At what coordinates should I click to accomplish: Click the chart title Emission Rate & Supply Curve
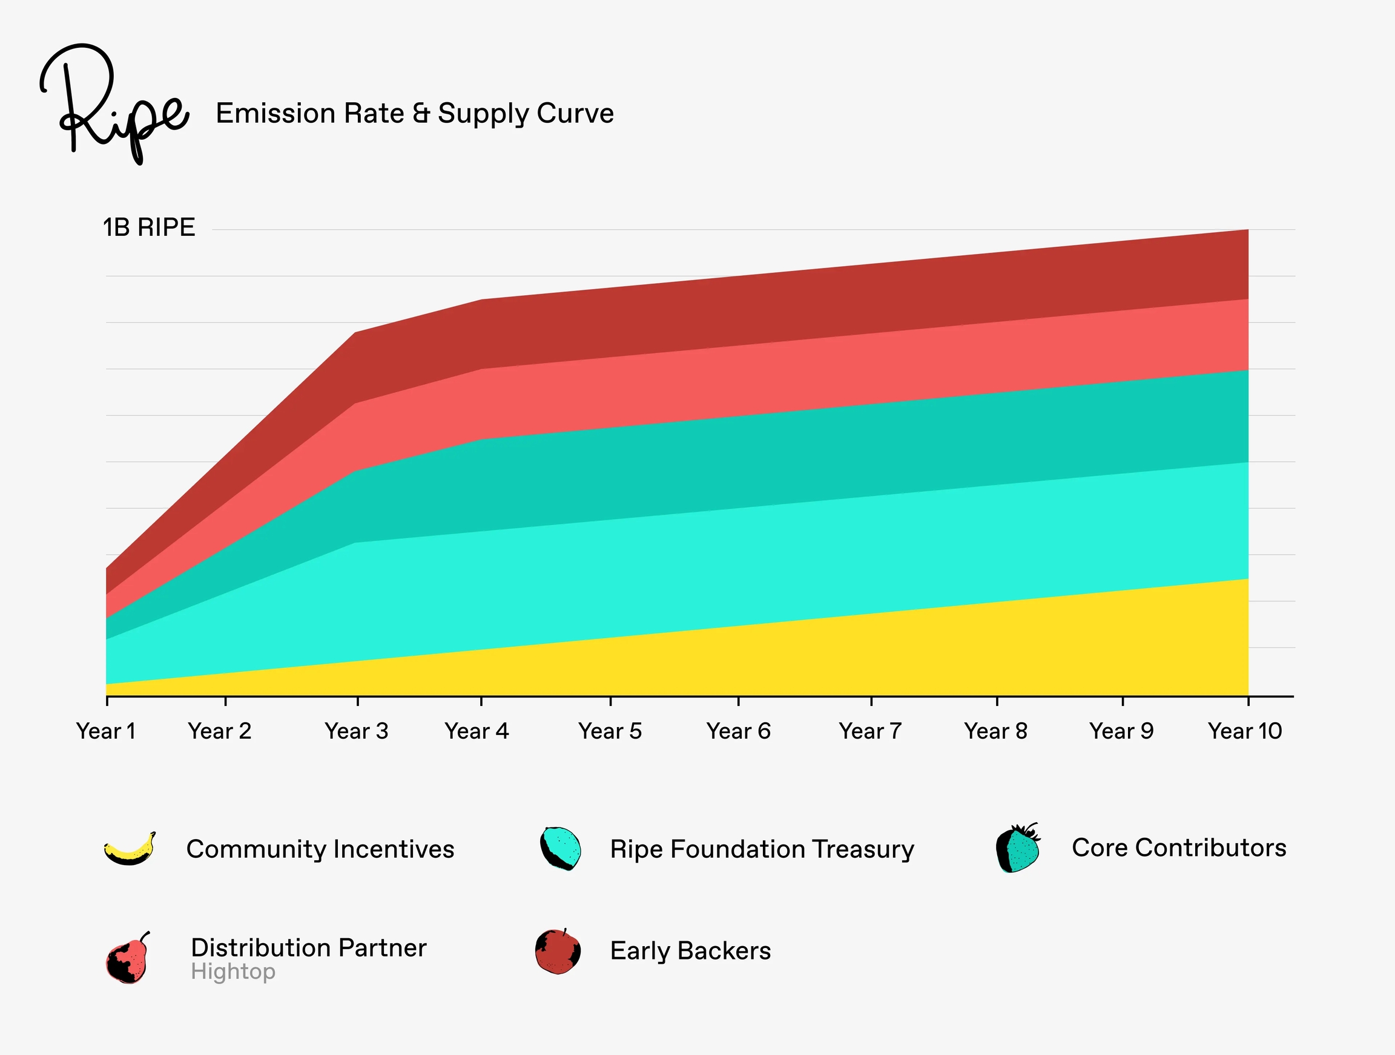click(414, 114)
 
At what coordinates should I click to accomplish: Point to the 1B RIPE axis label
click(149, 227)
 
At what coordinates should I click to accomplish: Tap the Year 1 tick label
click(106, 731)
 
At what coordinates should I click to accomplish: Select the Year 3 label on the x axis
click(356, 731)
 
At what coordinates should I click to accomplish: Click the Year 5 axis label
click(610, 731)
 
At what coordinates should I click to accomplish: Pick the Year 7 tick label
click(870, 731)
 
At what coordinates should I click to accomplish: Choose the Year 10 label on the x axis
click(1245, 731)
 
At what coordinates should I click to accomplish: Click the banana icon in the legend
click(130, 849)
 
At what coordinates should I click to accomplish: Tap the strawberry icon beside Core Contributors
click(1017, 848)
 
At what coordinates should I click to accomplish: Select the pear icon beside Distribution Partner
click(128, 959)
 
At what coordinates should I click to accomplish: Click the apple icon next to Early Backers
click(558, 952)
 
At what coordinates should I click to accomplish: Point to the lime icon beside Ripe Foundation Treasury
click(560, 848)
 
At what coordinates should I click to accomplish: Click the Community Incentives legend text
click(320, 849)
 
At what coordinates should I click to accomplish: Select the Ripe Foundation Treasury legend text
click(762, 849)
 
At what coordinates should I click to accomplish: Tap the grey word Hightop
click(232, 972)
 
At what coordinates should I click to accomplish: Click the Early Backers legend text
click(690, 951)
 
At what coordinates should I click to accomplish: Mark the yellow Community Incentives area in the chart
click(883, 655)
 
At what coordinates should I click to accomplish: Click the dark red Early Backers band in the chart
click(883, 296)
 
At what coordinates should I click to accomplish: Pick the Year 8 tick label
click(996, 731)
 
